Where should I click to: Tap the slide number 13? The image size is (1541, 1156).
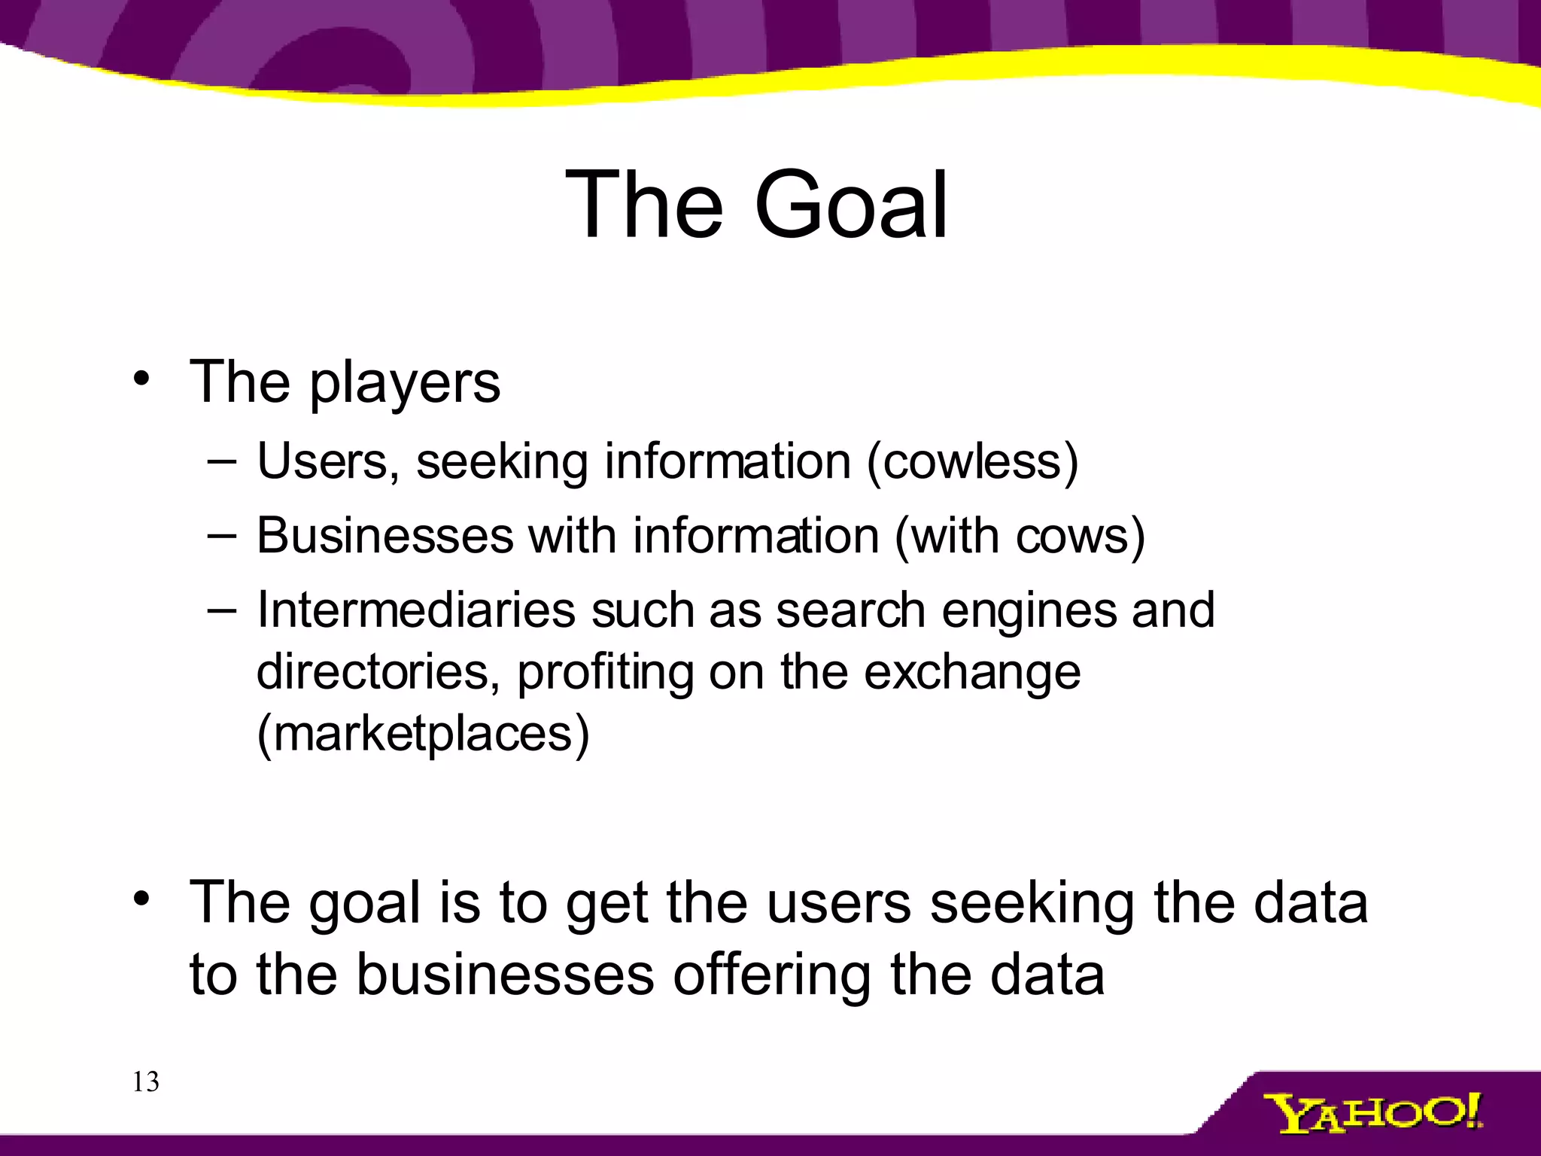click(x=145, y=1082)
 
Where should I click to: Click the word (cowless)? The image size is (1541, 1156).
click(x=972, y=461)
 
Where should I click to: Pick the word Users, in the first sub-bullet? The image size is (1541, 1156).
click(x=327, y=461)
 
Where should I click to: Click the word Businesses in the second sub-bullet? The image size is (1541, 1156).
click(x=384, y=536)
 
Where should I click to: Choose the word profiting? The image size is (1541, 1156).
click(x=604, y=671)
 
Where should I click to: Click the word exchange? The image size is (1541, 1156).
click(x=971, y=671)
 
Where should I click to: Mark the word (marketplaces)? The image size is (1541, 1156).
click(x=423, y=734)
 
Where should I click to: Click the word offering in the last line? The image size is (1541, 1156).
click(x=772, y=975)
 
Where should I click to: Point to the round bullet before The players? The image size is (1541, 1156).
click(x=141, y=378)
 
